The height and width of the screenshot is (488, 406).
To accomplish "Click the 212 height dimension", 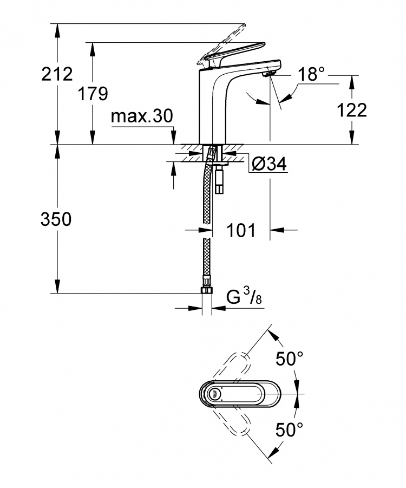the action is [57, 74].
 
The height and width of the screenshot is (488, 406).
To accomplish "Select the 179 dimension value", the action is [93, 93].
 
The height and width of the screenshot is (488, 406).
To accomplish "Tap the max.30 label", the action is [141, 116].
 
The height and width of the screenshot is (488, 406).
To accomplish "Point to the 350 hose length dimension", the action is [56, 219].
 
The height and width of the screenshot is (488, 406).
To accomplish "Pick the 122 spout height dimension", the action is [352, 110].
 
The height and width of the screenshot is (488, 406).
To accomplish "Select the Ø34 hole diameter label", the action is [269, 164].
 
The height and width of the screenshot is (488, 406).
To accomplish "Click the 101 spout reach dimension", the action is [241, 230].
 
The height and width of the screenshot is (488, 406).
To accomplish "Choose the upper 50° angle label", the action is [290, 359].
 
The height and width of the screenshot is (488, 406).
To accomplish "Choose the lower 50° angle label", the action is [289, 430].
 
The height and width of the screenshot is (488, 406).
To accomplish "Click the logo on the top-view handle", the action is [215, 394].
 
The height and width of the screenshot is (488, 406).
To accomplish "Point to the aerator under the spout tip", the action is [269, 74].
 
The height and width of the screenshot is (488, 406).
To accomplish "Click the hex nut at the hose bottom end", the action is [207, 290].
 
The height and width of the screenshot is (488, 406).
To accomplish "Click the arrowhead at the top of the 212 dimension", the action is [57, 30].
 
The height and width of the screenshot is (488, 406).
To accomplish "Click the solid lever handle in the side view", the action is [232, 53].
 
